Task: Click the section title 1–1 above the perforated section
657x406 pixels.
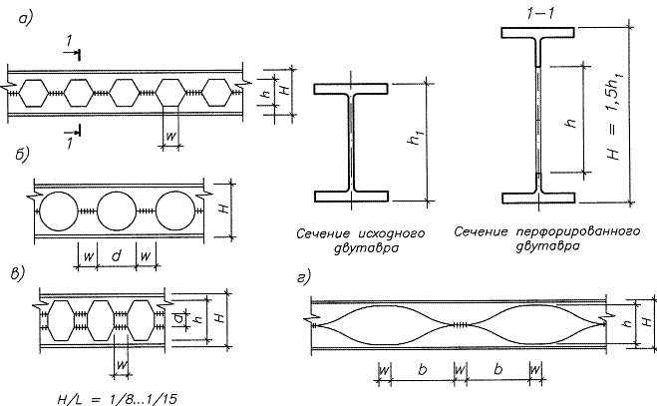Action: (x=540, y=14)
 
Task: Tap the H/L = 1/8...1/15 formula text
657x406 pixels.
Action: (x=117, y=399)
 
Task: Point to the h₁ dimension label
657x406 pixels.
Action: (x=417, y=137)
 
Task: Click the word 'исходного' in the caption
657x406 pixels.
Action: (x=392, y=233)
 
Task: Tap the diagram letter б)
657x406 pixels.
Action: (x=22, y=155)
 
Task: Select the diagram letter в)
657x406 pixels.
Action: (x=18, y=274)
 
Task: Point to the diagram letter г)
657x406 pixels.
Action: (x=304, y=277)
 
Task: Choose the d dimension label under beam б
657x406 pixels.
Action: (x=117, y=254)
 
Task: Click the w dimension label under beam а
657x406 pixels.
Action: (x=170, y=136)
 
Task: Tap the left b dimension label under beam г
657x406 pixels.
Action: (x=423, y=369)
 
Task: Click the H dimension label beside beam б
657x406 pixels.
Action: (x=225, y=208)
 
